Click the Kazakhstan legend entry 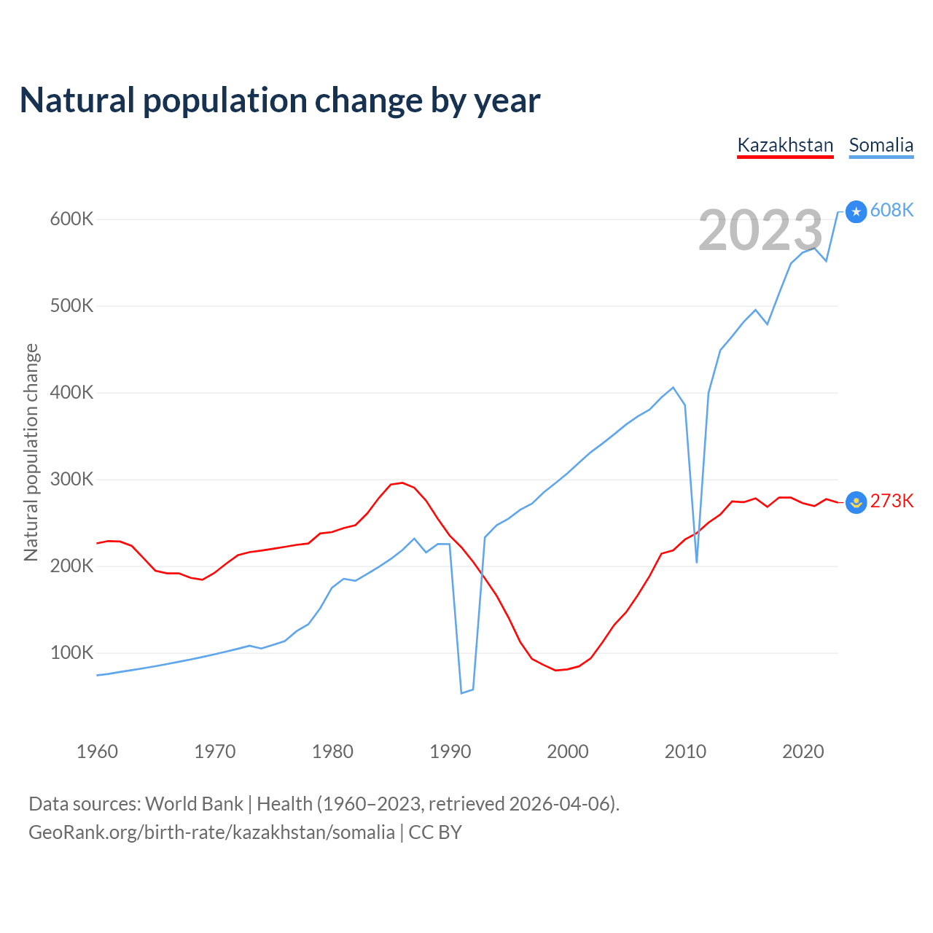(785, 145)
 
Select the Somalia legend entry (881, 145)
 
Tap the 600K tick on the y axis (71, 219)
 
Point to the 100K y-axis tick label (71, 652)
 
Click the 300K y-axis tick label (71, 479)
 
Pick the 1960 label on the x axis (97, 752)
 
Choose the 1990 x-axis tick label (450, 752)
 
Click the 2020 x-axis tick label (803, 752)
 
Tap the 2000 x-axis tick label (568, 752)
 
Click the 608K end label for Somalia (891, 210)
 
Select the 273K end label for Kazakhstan (891, 501)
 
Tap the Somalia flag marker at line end (856, 211)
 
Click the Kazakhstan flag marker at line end (856, 502)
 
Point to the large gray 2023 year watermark (760, 230)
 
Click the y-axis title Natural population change (31, 452)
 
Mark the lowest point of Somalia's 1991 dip (461, 692)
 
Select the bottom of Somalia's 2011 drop (697, 562)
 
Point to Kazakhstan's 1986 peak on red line (402, 483)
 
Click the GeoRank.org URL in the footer (211, 832)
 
